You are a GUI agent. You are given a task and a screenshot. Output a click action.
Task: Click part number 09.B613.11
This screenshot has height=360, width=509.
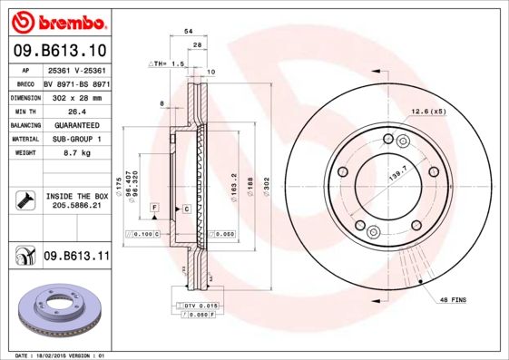76,258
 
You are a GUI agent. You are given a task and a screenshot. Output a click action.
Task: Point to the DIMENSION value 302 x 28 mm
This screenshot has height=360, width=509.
76,95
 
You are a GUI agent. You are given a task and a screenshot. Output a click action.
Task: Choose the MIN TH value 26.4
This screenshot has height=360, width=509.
76,110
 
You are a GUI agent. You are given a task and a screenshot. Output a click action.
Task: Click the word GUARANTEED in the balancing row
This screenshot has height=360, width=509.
76,125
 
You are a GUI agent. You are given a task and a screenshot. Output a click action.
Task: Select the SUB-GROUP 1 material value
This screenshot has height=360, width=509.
76,140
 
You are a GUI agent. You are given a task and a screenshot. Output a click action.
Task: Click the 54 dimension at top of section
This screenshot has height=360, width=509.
189,31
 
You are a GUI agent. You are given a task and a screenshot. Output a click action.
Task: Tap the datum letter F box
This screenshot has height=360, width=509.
155,209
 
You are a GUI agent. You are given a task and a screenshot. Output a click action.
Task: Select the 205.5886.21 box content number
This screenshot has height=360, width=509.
76,207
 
